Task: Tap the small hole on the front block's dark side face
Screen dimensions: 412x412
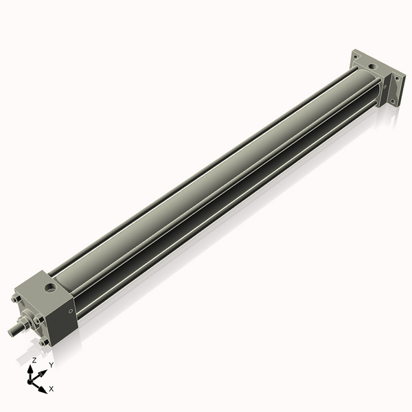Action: [71, 311]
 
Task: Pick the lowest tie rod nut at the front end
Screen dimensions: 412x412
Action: [45, 341]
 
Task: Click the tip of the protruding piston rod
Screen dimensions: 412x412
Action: [11, 332]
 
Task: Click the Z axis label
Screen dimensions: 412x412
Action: [34, 360]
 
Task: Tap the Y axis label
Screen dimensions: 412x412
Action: [51, 365]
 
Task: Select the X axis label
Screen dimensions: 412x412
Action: [51, 389]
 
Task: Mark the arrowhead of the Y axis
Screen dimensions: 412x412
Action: [43, 372]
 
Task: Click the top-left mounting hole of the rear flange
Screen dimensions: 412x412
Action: [355, 54]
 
